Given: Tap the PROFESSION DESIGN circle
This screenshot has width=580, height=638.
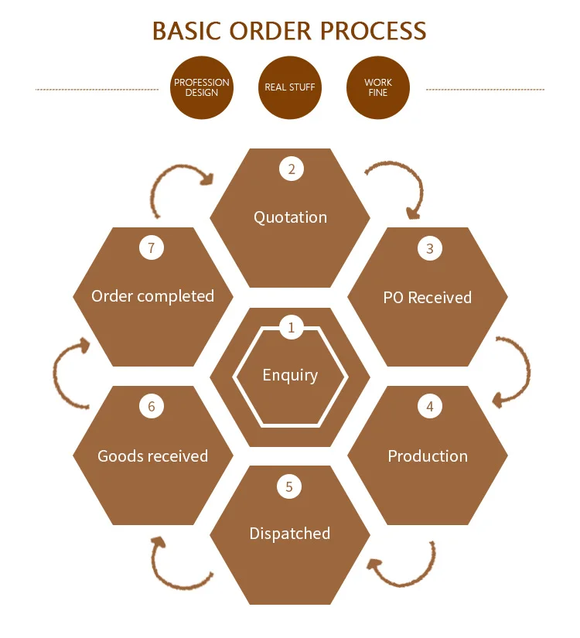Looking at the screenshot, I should (x=202, y=87).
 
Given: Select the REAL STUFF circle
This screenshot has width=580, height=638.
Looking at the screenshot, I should (x=290, y=87).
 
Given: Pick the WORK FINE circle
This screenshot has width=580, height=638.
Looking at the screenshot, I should (x=378, y=87).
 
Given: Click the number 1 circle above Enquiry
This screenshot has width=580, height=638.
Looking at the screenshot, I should (x=291, y=327).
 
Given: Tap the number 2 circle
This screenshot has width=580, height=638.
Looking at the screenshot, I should (x=291, y=169).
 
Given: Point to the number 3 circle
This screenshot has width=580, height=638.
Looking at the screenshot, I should (x=430, y=248).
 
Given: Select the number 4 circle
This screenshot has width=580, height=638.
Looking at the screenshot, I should (x=430, y=406).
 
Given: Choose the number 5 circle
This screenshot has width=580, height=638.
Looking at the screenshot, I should (x=289, y=486).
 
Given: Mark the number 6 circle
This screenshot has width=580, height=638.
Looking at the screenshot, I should (x=152, y=406).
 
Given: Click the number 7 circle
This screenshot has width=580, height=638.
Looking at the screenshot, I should (x=152, y=248).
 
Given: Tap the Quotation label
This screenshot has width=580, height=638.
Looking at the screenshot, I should (x=291, y=217).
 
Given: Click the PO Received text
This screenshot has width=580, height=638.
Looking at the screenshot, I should (x=428, y=298).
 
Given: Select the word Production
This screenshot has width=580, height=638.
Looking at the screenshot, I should (x=428, y=456).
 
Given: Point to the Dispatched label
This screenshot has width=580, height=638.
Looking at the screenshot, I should (x=290, y=534).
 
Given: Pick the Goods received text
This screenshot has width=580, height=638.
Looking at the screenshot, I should (x=152, y=456).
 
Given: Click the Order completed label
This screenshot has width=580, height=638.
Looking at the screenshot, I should (x=152, y=296).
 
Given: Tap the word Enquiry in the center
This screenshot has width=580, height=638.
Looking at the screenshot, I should (x=290, y=375).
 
